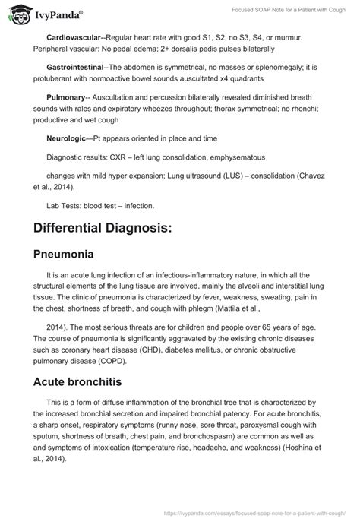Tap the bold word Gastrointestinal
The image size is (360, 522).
click(78, 67)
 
